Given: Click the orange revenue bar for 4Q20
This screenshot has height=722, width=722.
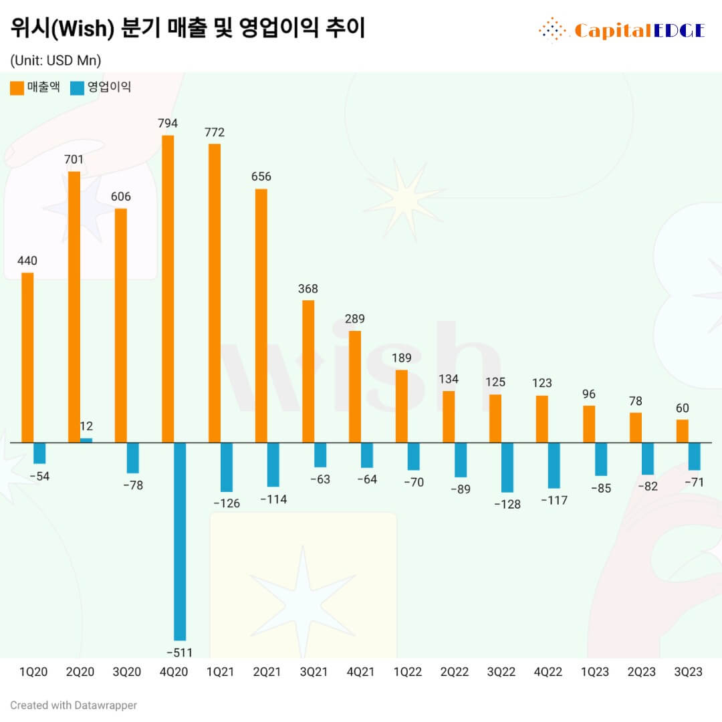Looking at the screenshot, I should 168,289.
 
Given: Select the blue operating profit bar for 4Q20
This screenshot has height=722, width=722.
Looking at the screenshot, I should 180,541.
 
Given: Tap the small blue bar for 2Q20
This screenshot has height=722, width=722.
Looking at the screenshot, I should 86,440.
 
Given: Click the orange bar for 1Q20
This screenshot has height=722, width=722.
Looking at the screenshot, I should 27,358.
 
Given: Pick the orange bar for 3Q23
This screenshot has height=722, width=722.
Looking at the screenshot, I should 683,431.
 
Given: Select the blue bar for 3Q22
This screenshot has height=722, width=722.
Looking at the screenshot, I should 507,467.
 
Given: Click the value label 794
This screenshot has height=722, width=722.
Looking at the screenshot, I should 168,123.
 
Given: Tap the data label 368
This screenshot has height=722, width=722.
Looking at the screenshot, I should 308,289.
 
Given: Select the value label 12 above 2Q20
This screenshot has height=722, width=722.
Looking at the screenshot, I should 86,426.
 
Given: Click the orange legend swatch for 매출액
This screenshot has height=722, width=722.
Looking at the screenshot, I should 17,88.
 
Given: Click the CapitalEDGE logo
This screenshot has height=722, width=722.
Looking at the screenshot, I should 622,30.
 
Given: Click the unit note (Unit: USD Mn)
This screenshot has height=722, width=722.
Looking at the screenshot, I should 55,60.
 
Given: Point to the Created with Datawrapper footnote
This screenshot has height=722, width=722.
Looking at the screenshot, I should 74,705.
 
